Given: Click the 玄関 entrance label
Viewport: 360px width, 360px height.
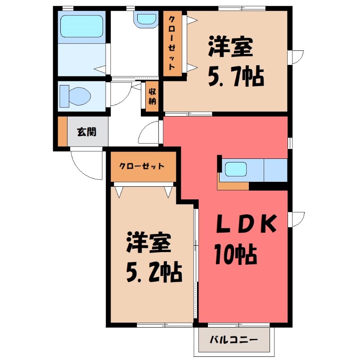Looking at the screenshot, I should (x=86, y=132).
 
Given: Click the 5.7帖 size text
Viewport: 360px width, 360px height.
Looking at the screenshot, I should (x=235, y=78).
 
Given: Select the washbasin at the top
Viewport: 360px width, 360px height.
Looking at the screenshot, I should (x=145, y=19).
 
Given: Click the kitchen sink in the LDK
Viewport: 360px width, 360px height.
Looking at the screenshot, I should (x=235, y=170).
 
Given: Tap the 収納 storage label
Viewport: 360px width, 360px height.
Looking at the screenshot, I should (x=153, y=96).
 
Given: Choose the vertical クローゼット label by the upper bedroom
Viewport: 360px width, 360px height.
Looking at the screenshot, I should (x=172, y=43).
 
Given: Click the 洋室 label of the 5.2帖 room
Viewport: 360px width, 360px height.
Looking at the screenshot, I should (x=148, y=243).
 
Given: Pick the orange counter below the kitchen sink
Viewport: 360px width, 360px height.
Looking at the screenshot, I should (x=233, y=185).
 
